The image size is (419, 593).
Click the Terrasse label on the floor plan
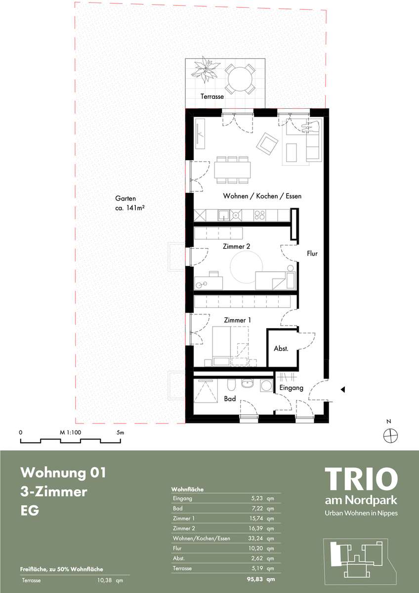coord(212,96)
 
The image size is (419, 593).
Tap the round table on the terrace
coord(240,79)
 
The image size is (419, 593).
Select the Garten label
coord(126,198)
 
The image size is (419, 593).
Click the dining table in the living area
coord(233,170)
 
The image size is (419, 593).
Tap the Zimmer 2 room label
coord(236,247)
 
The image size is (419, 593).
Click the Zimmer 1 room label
coord(238,320)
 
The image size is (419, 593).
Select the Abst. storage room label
coord(281,349)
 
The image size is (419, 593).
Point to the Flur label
coord(312,254)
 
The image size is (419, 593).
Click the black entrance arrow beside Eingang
coord(342,389)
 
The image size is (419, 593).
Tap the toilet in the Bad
coord(231,386)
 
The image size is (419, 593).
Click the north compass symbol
coord(391,435)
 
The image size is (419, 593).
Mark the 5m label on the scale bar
coord(120,432)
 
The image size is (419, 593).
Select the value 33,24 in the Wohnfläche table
coord(255,538)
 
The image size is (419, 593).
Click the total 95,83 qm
coord(261,579)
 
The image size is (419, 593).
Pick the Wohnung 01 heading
coord(63,472)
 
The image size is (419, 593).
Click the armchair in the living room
coord(267,144)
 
